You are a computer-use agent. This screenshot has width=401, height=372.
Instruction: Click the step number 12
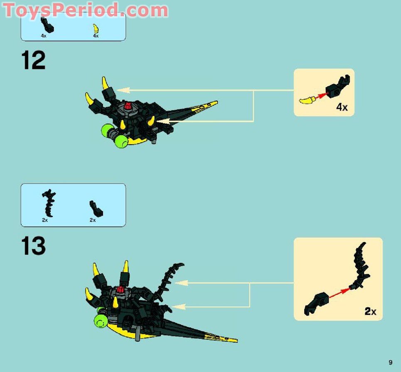click(x=33, y=61)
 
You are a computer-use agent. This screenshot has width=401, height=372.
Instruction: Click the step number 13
click(x=33, y=246)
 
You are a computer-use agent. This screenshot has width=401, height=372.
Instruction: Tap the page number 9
click(x=390, y=362)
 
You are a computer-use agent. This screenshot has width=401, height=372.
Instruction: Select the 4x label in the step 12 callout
click(x=342, y=107)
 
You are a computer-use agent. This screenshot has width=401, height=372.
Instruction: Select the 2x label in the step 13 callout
click(x=370, y=311)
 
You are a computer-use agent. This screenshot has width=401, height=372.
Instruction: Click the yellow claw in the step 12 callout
click(x=307, y=99)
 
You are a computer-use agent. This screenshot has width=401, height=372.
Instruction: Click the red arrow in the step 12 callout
click(x=321, y=96)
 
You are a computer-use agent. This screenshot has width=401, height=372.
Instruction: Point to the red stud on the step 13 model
click(x=121, y=290)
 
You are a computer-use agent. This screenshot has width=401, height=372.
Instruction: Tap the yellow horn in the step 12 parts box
click(x=96, y=29)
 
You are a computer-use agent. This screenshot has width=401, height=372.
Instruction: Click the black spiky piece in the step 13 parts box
click(x=49, y=203)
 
